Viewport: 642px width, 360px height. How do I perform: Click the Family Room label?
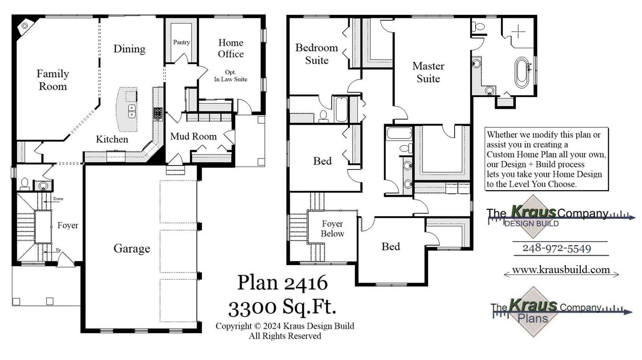[x=53, y=80]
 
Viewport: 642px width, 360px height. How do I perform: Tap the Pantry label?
[x=181, y=42]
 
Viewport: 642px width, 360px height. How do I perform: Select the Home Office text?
[x=231, y=48]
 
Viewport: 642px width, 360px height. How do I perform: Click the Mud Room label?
[x=193, y=137]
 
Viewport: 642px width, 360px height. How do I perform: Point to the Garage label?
[x=132, y=249]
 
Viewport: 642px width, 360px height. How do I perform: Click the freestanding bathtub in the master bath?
[x=522, y=72]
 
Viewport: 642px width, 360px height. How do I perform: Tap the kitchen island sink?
[x=132, y=111]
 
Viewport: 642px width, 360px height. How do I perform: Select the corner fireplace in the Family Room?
[x=24, y=26]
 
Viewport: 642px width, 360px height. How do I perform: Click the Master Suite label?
[x=428, y=72]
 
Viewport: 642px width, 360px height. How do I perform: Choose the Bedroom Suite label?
[x=317, y=54]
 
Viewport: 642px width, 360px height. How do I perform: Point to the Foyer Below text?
[x=332, y=229]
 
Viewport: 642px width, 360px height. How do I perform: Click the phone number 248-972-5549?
[x=557, y=248]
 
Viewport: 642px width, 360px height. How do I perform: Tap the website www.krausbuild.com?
[x=561, y=270]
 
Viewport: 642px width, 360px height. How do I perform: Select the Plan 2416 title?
[x=282, y=282]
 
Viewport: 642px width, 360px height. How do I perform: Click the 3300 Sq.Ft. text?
[x=282, y=307]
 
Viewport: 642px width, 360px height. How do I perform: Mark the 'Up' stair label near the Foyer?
[x=58, y=250]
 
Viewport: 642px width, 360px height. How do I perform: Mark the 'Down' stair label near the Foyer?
[x=58, y=199]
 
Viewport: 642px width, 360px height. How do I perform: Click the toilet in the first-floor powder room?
[x=24, y=184]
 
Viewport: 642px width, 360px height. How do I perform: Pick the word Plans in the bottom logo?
[x=533, y=318]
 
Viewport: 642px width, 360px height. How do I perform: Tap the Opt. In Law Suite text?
[x=231, y=76]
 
